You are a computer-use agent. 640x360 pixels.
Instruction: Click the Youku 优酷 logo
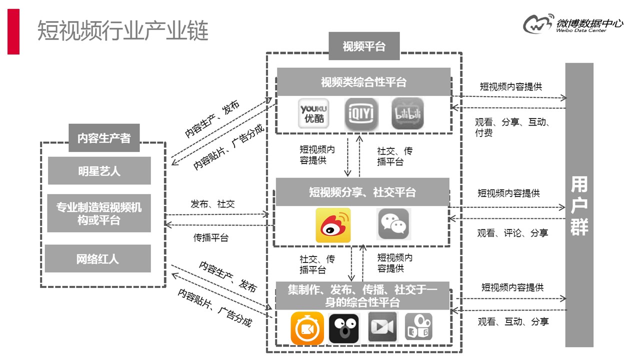point(313,114)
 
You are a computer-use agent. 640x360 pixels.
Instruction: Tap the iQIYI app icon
point(361,114)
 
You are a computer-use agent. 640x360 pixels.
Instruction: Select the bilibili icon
point(407,114)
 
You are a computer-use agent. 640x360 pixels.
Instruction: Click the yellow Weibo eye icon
point(333,225)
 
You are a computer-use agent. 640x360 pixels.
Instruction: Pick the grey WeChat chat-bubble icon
point(394,224)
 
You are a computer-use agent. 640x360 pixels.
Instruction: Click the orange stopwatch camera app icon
point(307,328)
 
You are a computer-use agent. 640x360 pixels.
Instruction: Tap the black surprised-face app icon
point(344,328)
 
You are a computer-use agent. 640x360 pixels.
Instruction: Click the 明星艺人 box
point(99,171)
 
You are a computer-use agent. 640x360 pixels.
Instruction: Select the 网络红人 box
point(98,258)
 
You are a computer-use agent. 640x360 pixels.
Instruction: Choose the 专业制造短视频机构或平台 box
point(99,213)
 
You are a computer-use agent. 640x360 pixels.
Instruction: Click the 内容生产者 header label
point(104,138)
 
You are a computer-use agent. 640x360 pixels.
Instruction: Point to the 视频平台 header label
point(364,46)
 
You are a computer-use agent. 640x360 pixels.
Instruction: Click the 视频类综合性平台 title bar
point(363,82)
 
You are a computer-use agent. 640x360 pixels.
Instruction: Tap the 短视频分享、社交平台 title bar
point(362,192)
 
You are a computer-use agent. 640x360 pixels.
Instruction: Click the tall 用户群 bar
point(579,205)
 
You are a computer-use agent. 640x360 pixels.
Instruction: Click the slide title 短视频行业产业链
point(123,31)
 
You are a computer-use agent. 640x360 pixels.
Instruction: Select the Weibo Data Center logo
point(572,23)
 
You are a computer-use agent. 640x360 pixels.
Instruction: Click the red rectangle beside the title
point(13,31)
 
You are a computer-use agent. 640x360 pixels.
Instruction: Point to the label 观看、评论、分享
point(512,233)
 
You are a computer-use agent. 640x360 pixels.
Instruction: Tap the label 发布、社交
point(212,204)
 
